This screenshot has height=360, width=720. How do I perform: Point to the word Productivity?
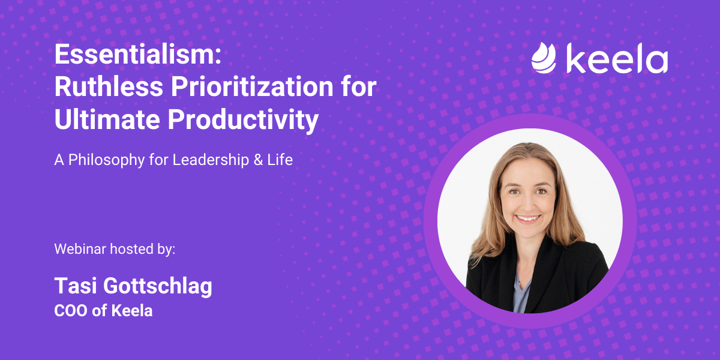click(x=243, y=120)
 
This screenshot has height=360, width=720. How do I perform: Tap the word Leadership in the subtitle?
click(x=204, y=160)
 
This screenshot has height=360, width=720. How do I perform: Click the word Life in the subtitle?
click(x=281, y=160)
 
